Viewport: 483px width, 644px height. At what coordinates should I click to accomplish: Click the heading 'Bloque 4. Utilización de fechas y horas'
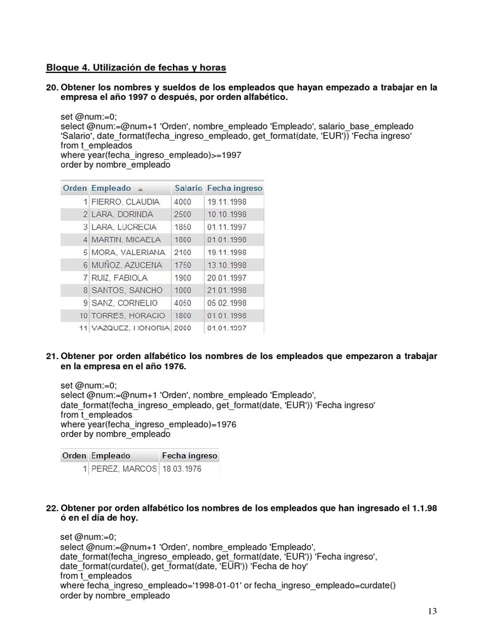[136, 67]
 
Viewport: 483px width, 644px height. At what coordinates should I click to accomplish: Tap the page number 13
[431, 611]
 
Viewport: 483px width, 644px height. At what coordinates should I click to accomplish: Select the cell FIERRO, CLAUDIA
[126, 202]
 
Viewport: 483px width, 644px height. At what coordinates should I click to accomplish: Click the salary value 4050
[184, 303]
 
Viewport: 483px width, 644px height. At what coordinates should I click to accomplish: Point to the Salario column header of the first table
[188, 188]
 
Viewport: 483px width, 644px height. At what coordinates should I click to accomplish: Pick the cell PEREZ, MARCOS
[124, 469]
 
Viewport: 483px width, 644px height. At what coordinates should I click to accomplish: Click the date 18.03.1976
[182, 469]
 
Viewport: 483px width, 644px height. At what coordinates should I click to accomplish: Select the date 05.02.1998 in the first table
[227, 303]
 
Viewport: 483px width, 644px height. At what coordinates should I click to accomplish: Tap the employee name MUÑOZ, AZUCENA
[126, 265]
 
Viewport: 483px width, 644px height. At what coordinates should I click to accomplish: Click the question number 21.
[52, 357]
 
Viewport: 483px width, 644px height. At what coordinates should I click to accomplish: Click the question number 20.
[52, 87]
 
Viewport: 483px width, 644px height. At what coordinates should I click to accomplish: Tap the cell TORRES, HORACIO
[128, 315]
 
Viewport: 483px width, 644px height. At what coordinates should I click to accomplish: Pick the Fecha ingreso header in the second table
[189, 455]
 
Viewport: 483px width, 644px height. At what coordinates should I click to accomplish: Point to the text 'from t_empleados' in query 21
[96, 414]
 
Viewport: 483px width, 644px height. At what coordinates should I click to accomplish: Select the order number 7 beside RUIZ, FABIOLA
[84, 277]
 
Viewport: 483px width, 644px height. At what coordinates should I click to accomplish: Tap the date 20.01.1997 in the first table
[227, 277]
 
